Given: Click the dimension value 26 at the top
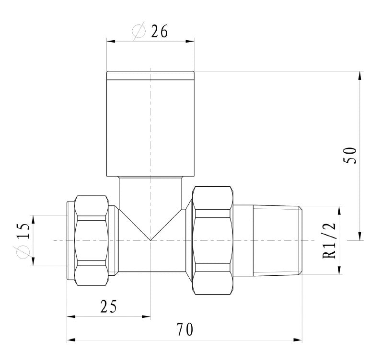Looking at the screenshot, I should [159, 32].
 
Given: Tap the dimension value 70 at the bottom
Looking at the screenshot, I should [185, 330].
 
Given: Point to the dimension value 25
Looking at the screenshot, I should [108, 306].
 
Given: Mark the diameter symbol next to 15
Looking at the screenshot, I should [25, 252].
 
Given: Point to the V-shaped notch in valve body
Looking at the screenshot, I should [150, 230].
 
